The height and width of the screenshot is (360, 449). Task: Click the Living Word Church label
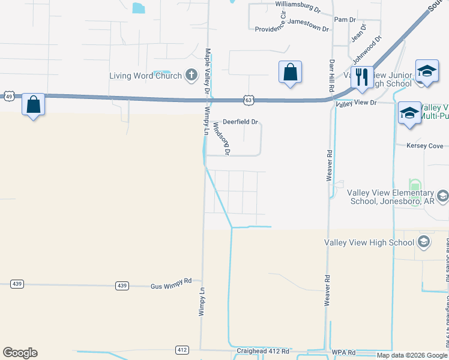point(145,76)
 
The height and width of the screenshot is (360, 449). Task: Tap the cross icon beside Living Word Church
point(191,75)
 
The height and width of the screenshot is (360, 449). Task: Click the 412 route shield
point(182,349)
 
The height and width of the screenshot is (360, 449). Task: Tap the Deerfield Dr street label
point(240,122)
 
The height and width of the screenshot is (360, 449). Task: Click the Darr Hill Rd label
point(331,75)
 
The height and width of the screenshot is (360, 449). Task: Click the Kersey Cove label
point(424,146)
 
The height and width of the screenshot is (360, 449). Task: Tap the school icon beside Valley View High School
point(423,242)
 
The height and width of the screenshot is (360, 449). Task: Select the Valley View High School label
point(369,242)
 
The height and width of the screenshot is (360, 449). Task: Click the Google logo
point(20,353)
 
